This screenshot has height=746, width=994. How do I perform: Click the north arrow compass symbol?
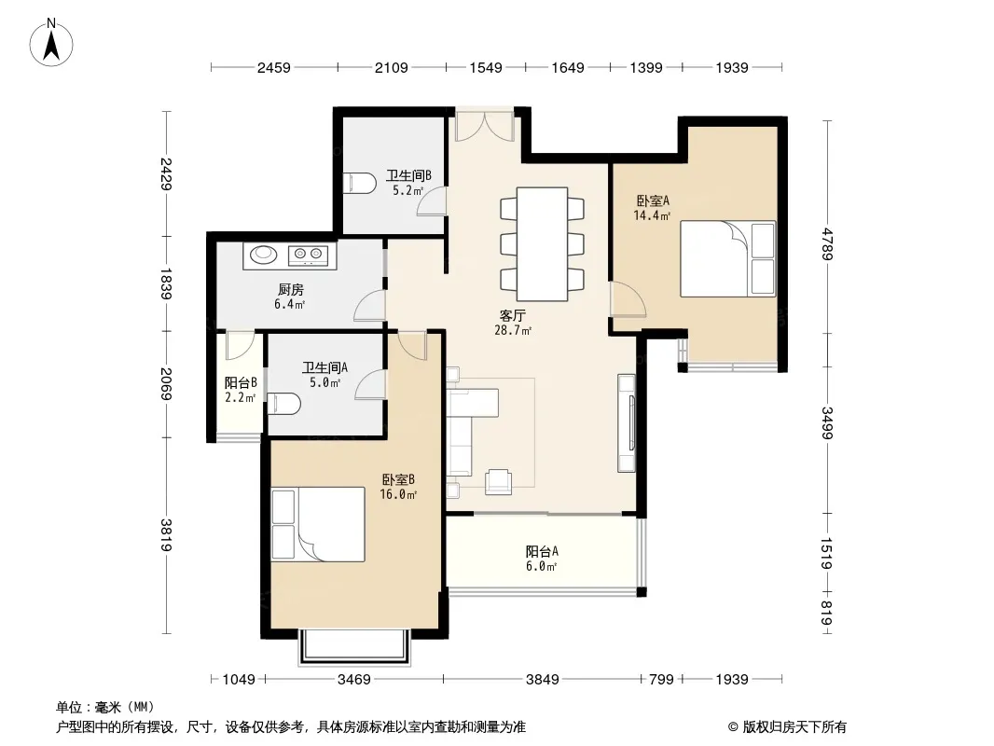51,43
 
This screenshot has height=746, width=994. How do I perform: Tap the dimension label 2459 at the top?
274,67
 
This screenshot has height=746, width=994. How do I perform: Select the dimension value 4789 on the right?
827,243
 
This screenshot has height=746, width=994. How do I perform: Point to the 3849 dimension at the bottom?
542,680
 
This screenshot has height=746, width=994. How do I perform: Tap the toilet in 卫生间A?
283,404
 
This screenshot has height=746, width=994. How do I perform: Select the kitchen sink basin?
263,255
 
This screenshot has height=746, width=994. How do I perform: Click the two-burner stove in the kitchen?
309,255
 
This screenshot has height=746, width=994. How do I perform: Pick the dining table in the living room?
542,243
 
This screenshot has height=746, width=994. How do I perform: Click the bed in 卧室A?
727,258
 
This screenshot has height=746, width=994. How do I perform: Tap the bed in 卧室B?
318,524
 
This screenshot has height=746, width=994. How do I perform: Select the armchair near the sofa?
498,482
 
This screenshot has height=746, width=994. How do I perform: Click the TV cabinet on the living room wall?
627,422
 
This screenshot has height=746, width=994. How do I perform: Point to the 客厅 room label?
512,315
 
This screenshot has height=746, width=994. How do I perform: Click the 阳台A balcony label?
542,551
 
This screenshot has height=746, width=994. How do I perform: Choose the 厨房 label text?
290,290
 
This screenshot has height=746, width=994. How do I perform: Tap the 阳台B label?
241,383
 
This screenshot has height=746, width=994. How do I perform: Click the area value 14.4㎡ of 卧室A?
652,215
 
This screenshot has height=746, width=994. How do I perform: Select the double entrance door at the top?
485,126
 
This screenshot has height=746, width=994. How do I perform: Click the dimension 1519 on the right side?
827,553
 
